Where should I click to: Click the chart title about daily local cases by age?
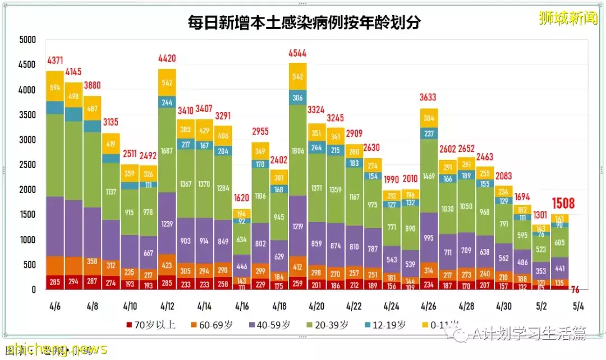coord(304,22)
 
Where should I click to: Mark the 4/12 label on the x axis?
coord(167,307)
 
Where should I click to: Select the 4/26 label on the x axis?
coord(429,307)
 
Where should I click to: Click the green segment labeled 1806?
coord(298,151)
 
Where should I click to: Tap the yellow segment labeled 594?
coord(55,87)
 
